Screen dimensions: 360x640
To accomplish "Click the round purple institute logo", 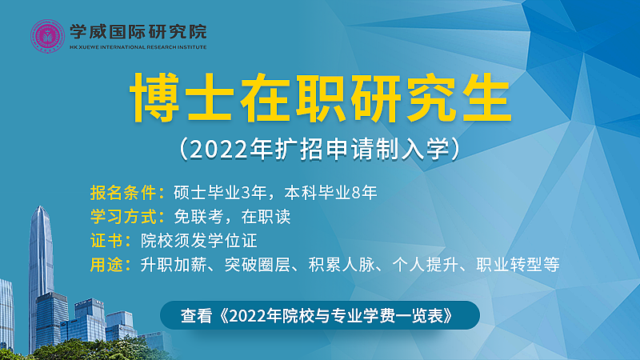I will (x=48, y=35).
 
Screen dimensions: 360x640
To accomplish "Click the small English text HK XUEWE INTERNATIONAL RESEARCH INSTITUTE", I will (x=138, y=47).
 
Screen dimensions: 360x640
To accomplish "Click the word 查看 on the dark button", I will (x=194, y=315).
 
